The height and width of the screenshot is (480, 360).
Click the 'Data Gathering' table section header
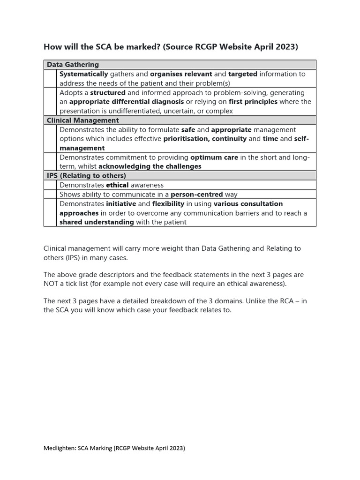[x=73, y=65]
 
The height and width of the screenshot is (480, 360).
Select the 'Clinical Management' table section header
[x=82, y=120]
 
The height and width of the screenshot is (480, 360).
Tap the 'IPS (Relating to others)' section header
[x=86, y=176]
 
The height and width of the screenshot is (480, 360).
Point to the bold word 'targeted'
[x=242, y=74]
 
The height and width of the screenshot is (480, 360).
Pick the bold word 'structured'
[x=108, y=93]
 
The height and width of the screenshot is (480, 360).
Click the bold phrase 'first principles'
[x=253, y=102]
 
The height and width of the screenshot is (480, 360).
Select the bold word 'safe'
[x=188, y=130]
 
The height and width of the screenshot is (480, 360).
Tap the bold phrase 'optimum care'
[x=214, y=157]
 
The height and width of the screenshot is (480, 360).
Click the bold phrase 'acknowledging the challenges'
[x=150, y=166]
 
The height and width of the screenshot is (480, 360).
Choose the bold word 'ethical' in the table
[x=117, y=185]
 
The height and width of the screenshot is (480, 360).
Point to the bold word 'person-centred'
[x=196, y=195]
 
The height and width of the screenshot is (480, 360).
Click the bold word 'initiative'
[x=121, y=204]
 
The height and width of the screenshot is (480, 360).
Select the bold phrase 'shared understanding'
[x=97, y=222]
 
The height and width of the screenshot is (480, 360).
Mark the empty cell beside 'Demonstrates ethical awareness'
[x=50, y=185]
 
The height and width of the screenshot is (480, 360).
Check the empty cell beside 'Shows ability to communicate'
[x=50, y=195]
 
